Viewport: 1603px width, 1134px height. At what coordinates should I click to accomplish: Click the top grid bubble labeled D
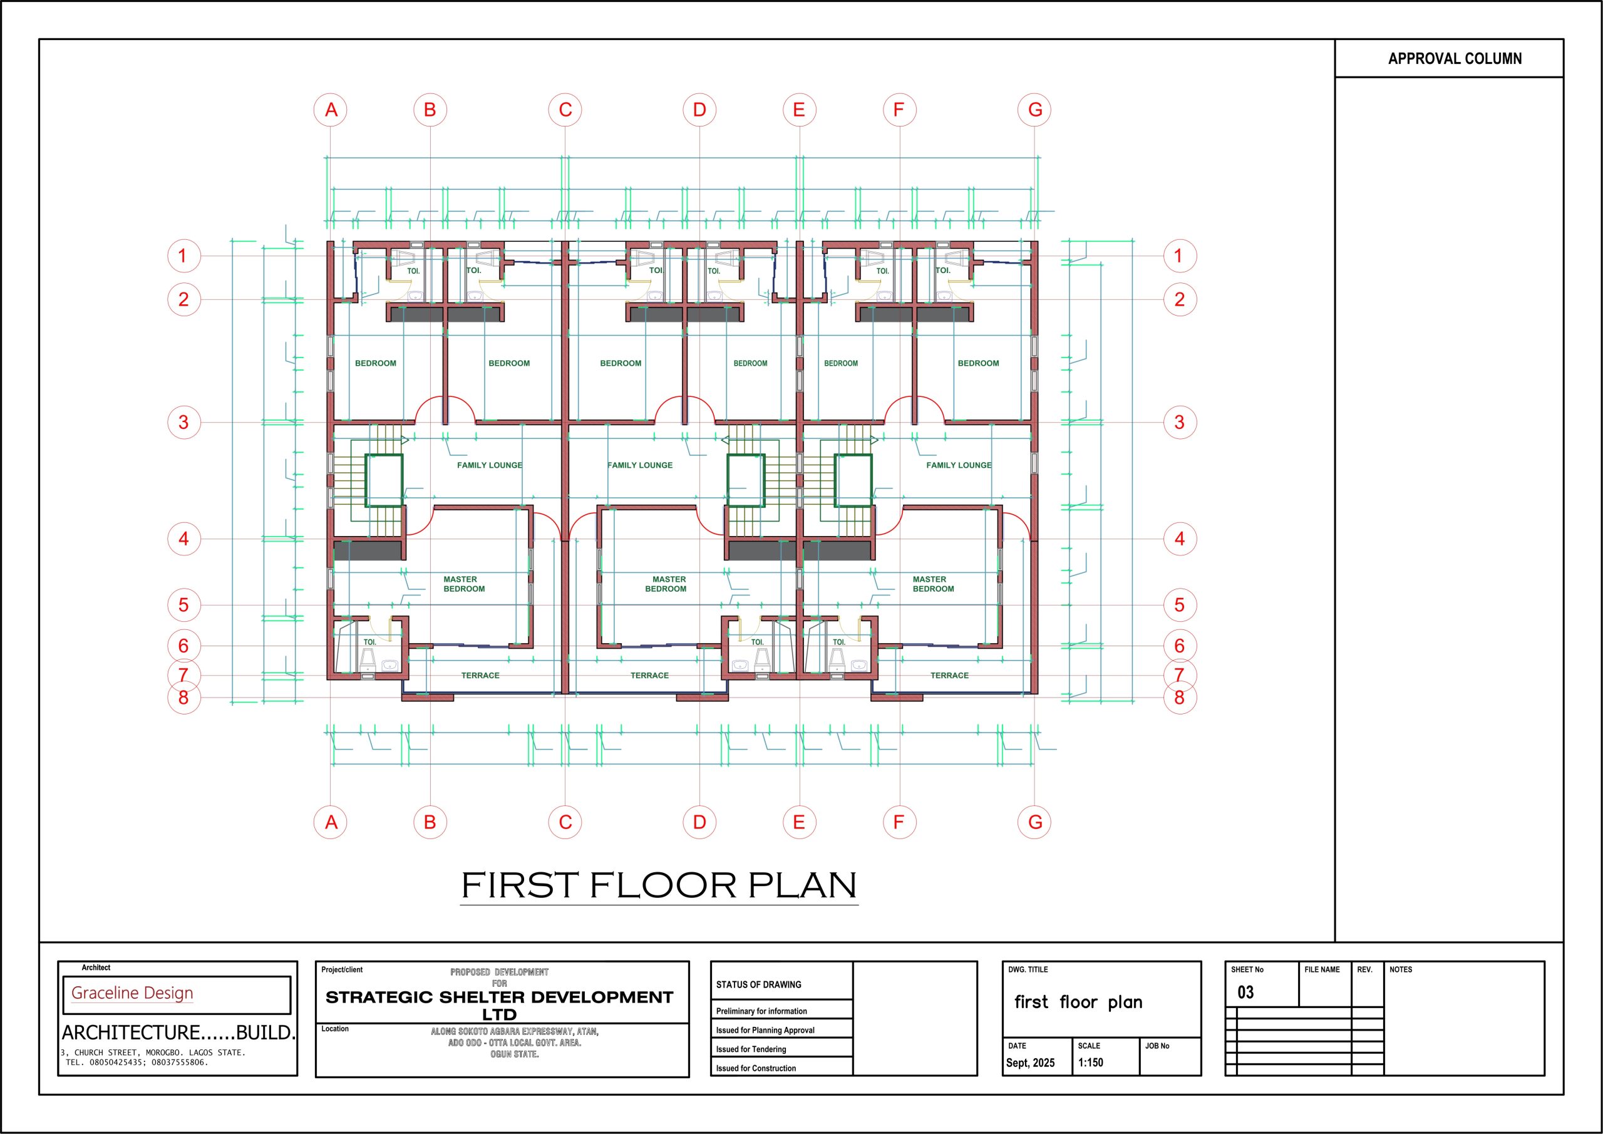[699, 110]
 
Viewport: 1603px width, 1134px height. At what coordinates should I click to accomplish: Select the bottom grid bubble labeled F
[899, 822]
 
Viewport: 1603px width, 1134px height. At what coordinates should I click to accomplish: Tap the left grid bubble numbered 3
[183, 422]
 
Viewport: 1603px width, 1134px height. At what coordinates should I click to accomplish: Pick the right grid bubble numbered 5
[1179, 605]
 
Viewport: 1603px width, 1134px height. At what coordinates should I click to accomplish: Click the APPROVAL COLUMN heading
[1455, 59]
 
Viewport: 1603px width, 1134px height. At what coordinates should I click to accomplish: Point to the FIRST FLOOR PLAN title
[658, 885]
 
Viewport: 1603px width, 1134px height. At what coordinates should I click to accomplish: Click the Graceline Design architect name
[133, 993]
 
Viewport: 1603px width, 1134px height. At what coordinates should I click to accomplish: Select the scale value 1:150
[1091, 1063]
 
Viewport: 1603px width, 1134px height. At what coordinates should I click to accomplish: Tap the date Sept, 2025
[1030, 1063]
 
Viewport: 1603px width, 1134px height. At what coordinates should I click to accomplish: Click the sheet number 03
[1245, 992]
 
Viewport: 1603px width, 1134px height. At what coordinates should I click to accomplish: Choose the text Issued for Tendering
[751, 1049]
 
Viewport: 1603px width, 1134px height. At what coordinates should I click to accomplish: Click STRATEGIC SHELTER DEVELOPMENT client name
[499, 997]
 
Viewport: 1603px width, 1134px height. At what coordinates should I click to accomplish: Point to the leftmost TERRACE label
[480, 675]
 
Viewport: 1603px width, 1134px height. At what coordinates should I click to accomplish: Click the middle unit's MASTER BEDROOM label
[667, 584]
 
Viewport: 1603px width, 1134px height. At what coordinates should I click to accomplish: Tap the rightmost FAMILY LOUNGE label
[959, 465]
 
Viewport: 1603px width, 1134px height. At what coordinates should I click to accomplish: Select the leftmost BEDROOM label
[376, 363]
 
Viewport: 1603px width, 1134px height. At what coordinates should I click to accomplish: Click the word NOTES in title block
[1401, 969]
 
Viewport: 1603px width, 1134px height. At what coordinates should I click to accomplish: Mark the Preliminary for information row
[761, 1011]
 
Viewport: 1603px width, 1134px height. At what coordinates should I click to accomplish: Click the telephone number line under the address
[137, 1062]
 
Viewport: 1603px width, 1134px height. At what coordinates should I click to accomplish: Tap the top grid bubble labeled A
[331, 110]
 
